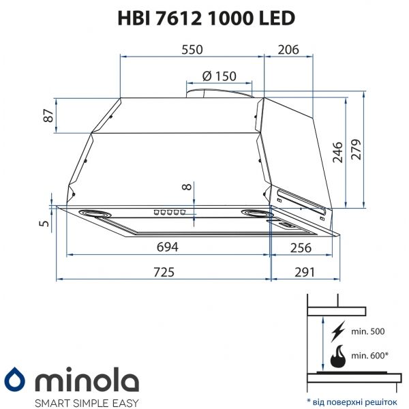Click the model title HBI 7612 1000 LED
pyautogui.click(x=204, y=18)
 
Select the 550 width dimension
pyautogui.click(x=192, y=49)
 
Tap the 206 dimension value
pyautogui.click(x=289, y=49)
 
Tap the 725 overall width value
pyautogui.click(x=164, y=271)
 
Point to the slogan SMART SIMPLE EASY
pyautogui.click(x=74, y=401)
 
